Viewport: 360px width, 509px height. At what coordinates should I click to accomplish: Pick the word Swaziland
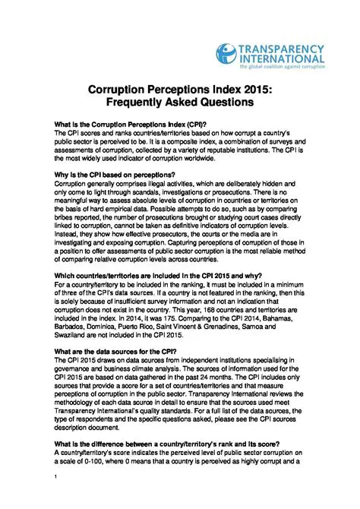[x=70, y=343]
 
